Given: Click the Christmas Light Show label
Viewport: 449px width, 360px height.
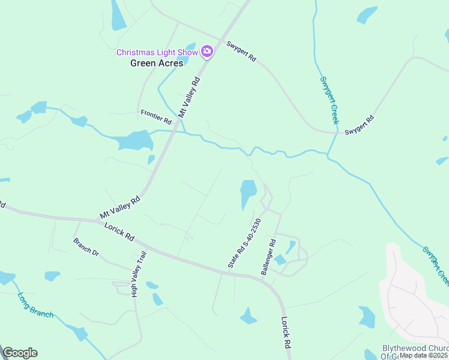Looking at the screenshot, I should point(157,52).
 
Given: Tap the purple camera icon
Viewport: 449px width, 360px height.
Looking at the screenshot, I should point(207,52).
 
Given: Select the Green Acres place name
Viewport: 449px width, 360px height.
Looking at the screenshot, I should point(157,63).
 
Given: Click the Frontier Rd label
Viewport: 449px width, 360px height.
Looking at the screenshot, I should point(156,117).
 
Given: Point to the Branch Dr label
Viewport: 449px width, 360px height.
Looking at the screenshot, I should point(86,247).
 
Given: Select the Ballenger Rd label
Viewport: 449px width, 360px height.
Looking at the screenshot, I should point(268,257).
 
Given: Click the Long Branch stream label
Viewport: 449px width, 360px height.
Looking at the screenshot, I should point(35,305).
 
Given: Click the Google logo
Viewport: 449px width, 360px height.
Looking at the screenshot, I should point(20,353).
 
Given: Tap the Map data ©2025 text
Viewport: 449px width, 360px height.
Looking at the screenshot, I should point(424,355).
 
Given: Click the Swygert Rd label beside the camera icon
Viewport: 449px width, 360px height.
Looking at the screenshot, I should point(241,52).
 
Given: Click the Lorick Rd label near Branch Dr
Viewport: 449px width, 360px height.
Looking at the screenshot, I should point(119,232).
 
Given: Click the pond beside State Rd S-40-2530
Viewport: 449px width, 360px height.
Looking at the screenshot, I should point(248,193).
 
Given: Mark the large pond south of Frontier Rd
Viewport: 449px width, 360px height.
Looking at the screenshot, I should point(135,141).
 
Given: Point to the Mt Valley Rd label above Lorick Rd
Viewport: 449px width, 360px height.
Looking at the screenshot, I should point(119,207).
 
